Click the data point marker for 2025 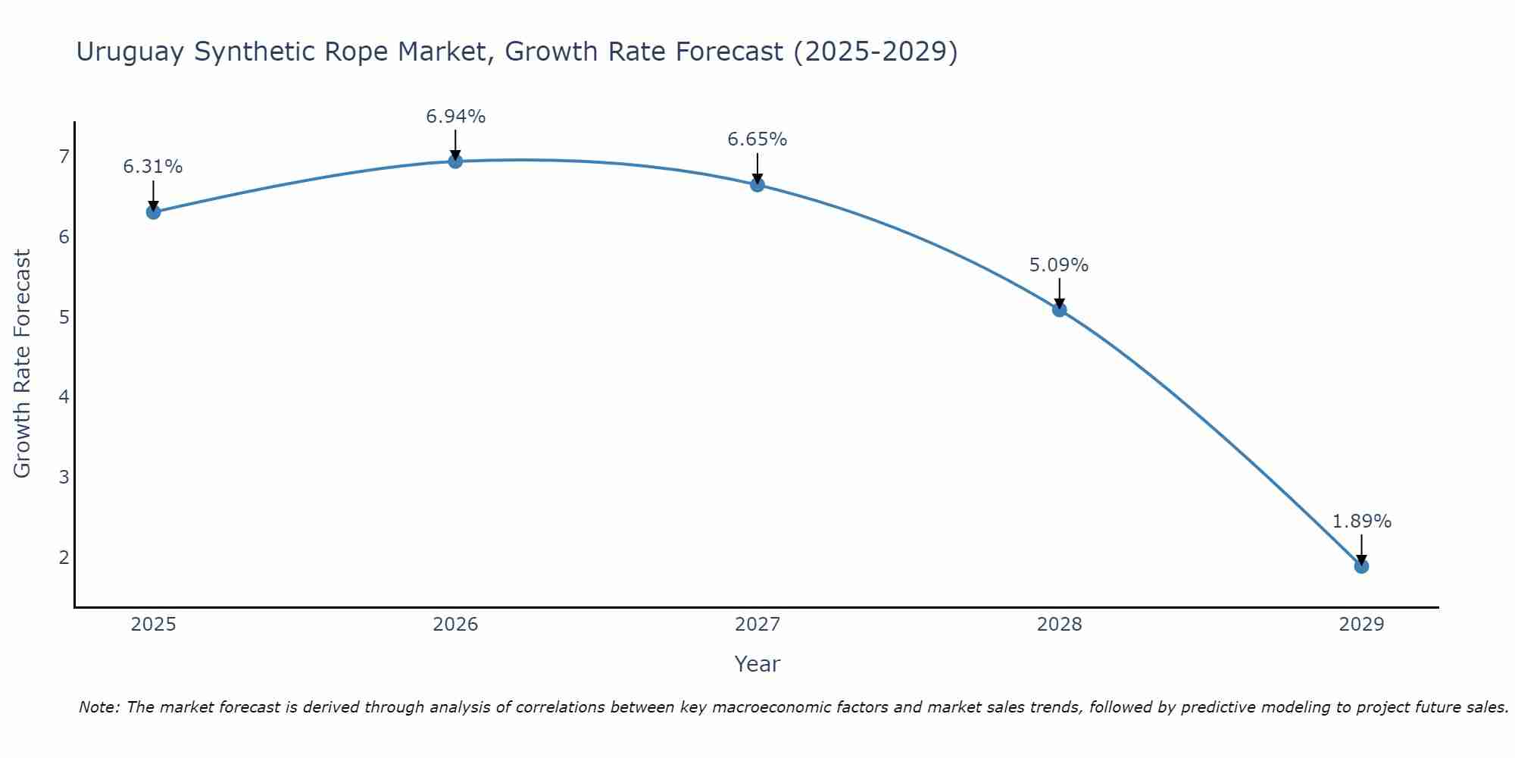pos(153,212)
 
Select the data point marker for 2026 pos(455,161)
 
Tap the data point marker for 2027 pos(757,185)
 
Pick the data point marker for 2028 pos(1059,309)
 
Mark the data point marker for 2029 pos(1361,566)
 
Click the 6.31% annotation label pos(153,167)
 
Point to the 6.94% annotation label pos(455,117)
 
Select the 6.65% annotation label pos(757,139)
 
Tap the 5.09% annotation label pos(1059,265)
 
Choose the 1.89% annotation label pos(1361,522)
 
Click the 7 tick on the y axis pos(64,157)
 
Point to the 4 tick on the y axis pos(64,397)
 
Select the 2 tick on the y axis pos(64,557)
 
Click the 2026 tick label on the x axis pos(455,625)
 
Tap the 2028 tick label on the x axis pos(1059,625)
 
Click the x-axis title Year pos(757,664)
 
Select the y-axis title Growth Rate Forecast pos(23,364)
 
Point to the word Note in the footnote pos(98,707)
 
